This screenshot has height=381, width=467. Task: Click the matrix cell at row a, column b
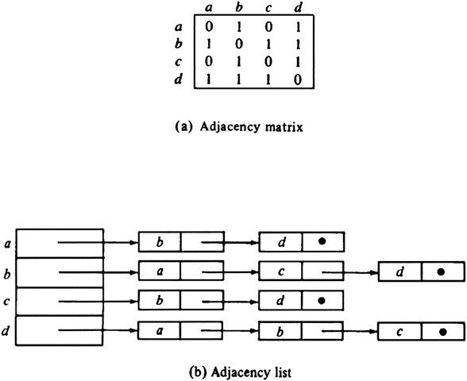coord(238,27)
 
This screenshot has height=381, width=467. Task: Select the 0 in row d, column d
coord(298,79)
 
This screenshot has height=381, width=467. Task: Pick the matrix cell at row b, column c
coord(268,44)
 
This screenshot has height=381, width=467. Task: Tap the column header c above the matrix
coord(268,8)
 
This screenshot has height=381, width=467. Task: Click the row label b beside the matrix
coord(179,44)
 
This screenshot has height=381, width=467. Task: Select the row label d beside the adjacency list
coord(6,331)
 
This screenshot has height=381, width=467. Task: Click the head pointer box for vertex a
coord(60,243)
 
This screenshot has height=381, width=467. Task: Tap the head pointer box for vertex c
coord(60,302)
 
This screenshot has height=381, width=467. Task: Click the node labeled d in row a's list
coord(302,241)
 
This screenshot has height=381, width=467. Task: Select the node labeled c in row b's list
coord(301,271)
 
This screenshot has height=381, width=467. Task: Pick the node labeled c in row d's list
coord(422,331)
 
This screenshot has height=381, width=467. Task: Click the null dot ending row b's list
coord(441,271)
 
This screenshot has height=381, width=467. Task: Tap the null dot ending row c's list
coord(321,301)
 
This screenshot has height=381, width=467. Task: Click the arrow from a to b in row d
coord(230,331)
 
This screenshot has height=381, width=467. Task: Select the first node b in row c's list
coord(181,301)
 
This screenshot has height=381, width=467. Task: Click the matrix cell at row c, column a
coord(209,62)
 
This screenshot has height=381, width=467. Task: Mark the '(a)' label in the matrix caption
coord(183,127)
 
